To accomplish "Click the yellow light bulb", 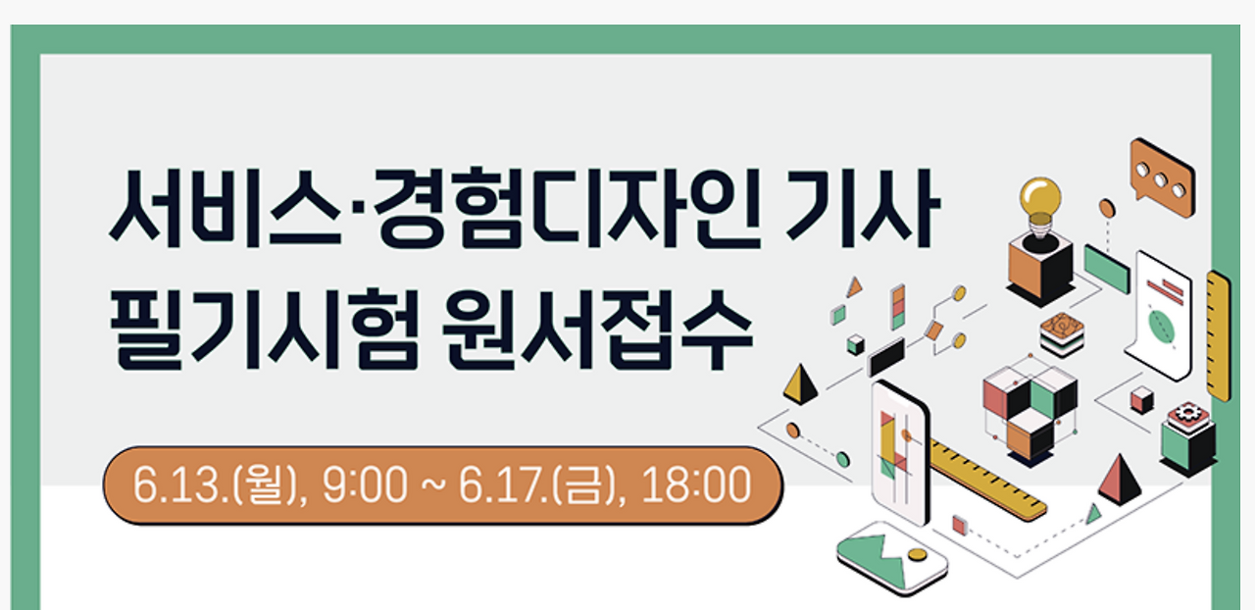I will pos(1040,202).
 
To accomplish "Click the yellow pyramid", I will pos(800,383).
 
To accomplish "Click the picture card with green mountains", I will pos(892,556).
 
